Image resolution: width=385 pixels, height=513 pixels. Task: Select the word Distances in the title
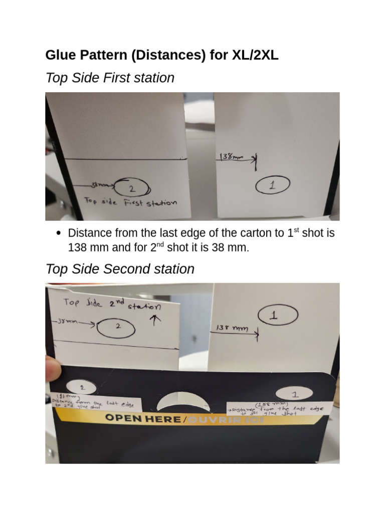click(166, 55)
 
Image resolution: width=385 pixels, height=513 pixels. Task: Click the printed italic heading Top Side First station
click(110, 78)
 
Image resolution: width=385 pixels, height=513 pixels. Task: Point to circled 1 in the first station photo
click(272, 185)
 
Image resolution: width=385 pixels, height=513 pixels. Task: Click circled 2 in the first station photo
click(131, 189)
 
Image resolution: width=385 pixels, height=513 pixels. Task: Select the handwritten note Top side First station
click(130, 202)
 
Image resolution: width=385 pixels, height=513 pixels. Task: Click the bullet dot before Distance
click(59, 233)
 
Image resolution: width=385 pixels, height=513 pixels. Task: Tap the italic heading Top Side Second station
click(120, 269)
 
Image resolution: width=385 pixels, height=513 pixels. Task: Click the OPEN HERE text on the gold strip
click(142, 417)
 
